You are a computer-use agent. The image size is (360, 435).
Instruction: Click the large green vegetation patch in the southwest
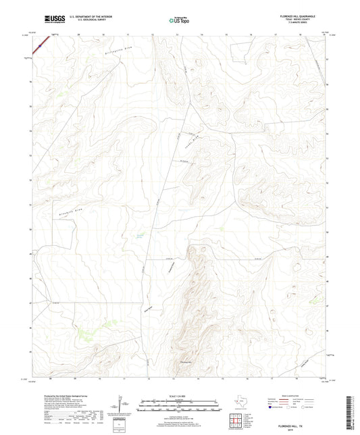83,332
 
